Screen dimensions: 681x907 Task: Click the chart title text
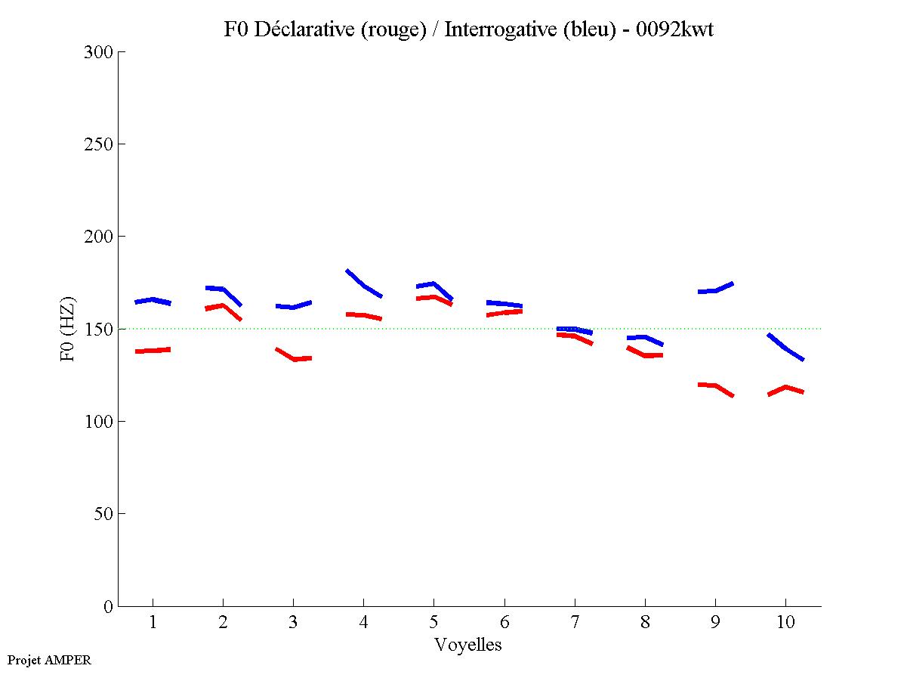[x=468, y=29]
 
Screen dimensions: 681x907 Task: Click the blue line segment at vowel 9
[x=714, y=290]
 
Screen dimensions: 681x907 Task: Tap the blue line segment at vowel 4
[x=363, y=284]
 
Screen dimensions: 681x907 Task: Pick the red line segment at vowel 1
[x=153, y=351]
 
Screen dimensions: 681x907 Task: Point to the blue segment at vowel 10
[x=785, y=348]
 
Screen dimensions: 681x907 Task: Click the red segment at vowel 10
[x=785, y=388]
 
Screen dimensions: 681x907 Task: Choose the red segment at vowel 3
[x=293, y=358]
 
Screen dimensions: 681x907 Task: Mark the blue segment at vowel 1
[x=153, y=300]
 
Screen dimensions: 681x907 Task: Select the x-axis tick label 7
[x=575, y=623]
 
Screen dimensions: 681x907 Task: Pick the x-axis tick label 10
[x=785, y=623]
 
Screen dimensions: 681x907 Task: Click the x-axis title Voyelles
[x=468, y=645]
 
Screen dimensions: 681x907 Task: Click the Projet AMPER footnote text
[x=49, y=660]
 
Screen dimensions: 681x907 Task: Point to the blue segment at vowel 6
[x=504, y=304]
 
